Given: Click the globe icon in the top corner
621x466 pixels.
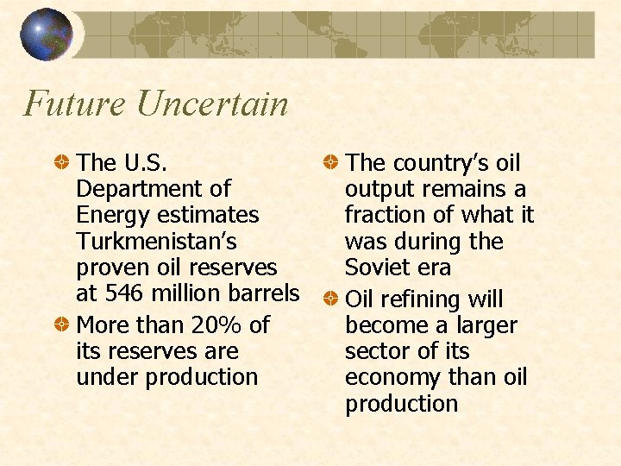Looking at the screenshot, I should pyautogui.click(x=46, y=35).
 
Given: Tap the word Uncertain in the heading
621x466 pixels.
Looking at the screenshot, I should pyautogui.click(x=212, y=104).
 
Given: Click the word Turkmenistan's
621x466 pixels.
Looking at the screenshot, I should pyautogui.click(x=157, y=241).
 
